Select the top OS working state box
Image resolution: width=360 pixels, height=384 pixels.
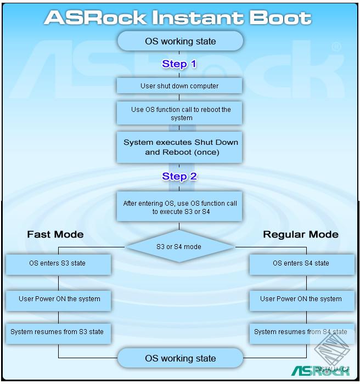click(x=180, y=41)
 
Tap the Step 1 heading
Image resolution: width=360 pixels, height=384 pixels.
click(x=179, y=64)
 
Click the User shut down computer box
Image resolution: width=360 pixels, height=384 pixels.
click(x=179, y=86)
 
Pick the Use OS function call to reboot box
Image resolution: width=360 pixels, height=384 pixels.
click(x=179, y=114)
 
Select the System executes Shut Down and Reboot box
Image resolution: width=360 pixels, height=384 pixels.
click(x=179, y=147)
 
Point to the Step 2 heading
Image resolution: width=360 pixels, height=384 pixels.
click(x=179, y=177)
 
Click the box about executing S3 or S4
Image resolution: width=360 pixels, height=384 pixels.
click(x=179, y=207)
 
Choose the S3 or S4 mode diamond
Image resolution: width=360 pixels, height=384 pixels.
click(x=179, y=247)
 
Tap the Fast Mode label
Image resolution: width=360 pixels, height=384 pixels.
click(x=55, y=234)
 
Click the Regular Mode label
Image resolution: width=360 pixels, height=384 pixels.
click(x=301, y=234)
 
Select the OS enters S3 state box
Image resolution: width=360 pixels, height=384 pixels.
click(x=58, y=264)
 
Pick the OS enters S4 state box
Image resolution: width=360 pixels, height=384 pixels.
click(x=301, y=264)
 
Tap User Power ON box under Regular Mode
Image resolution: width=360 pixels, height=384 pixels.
click(x=301, y=300)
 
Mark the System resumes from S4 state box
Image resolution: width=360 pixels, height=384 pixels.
click(x=301, y=332)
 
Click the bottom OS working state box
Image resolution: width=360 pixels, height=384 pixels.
click(x=180, y=359)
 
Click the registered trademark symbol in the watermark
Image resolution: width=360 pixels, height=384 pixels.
click(x=336, y=48)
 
